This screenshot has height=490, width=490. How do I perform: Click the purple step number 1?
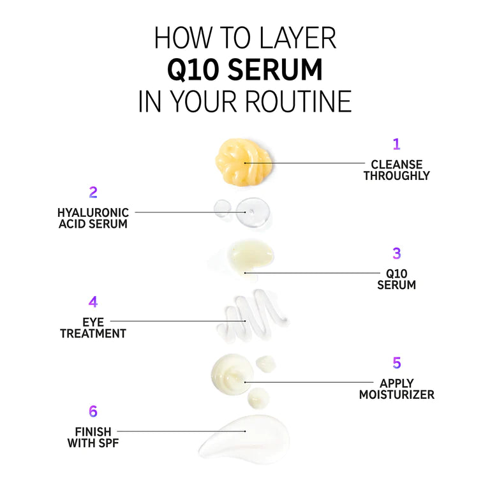pyautogui.click(x=397, y=144)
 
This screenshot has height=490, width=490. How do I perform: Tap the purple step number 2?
pyautogui.click(x=93, y=192)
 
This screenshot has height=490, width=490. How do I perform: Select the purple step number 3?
pyautogui.click(x=397, y=253)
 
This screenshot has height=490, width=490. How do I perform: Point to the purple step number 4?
pyautogui.click(x=93, y=302)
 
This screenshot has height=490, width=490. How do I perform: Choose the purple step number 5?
pyautogui.click(x=397, y=363)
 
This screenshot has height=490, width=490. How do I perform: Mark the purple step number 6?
pyautogui.click(x=93, y=412)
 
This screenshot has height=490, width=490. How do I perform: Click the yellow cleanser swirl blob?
pyautogui.click(x=243, y=162)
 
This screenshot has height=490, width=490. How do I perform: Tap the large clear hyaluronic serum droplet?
pyautogui.click(x=253, y=212)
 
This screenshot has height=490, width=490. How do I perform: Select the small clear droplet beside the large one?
pyautogui.click(x=223, y=208)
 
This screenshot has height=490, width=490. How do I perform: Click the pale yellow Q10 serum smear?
pyautogui.click(x=250, y=257)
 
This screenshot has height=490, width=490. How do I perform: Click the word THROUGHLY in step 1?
pyautogui.click(x=397, y=175)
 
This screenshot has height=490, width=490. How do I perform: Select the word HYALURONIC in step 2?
pyautogui.click(x=93, y=213)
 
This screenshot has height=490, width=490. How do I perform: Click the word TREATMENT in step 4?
pyautogui.click(x=93, y=334)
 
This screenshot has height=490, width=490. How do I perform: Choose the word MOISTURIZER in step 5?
pyautogui.click(x=397, y=395)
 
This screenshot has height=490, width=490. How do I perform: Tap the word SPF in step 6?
pyautogui.click(x=108, y=443)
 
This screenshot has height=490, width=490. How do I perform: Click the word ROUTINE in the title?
pyautogui.click(x=299, y=101)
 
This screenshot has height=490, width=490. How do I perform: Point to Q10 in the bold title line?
pyautogui.click(x=193, y=70)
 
